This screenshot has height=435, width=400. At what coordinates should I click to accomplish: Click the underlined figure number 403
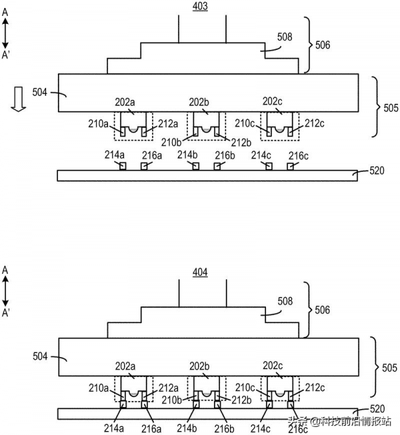[200, 7]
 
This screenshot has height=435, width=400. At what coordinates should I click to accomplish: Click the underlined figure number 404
[200, 272]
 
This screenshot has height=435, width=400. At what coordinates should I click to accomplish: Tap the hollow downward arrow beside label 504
[19, 99]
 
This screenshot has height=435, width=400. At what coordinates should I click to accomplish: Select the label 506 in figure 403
[323, 45]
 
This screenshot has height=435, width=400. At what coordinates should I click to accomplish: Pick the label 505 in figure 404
[389, 368]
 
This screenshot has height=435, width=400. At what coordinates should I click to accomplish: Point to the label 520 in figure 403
[377, 171]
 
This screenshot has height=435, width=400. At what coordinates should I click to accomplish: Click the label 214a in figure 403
[115, 155]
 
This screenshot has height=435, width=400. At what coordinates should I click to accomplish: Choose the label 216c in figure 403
[299, 156]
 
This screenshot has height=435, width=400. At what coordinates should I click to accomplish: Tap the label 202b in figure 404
[199, 366]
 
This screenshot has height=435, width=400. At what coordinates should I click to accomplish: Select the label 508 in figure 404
[285, 301]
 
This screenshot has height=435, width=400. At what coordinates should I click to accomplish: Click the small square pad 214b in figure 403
[196, 167]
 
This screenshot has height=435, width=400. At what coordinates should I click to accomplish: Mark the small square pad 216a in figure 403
[144, 167]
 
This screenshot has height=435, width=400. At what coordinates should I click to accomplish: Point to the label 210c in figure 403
[245, 123]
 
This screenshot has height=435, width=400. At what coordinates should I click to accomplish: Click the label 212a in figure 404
[169, 388]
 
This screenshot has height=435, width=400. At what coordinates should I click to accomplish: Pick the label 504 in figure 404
[40, 356]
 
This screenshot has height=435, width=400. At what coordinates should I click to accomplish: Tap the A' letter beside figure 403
[5, 55]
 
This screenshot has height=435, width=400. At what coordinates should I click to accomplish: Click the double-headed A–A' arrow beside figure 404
[5, 291]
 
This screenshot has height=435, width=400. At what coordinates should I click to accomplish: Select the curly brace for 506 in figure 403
[307, 45]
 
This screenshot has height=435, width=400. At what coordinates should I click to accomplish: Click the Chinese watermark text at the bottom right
[339, 422]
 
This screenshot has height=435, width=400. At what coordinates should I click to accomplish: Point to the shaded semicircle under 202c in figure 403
[279, 130]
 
